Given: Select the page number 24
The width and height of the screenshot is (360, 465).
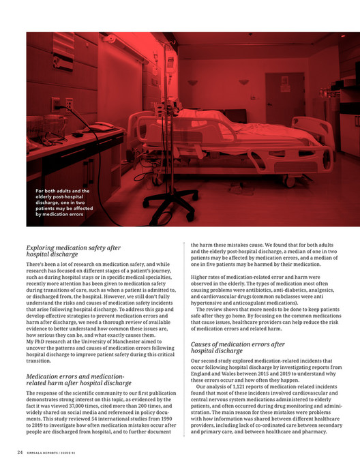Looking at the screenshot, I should [x=20, y=451].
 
